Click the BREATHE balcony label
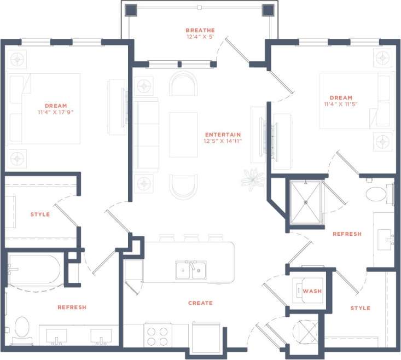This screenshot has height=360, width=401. tap(200, 30)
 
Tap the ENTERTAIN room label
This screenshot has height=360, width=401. tap(223, 135)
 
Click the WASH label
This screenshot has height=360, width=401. tap(312, 291)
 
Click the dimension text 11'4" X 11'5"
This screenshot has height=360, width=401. tap(341, 105)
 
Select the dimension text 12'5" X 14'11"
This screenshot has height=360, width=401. tap(223, 141)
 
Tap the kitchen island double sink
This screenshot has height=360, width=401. tap(190, 270)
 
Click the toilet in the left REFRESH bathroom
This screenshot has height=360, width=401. tap(22, 328)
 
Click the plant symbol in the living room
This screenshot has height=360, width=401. tap(252, 179)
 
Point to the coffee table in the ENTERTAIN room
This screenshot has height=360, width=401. tap(183, 135)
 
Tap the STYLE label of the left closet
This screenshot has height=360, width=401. tap(40, 214)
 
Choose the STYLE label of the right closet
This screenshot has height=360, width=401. tap(360, 308)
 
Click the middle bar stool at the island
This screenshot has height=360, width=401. tap(191, 238)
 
